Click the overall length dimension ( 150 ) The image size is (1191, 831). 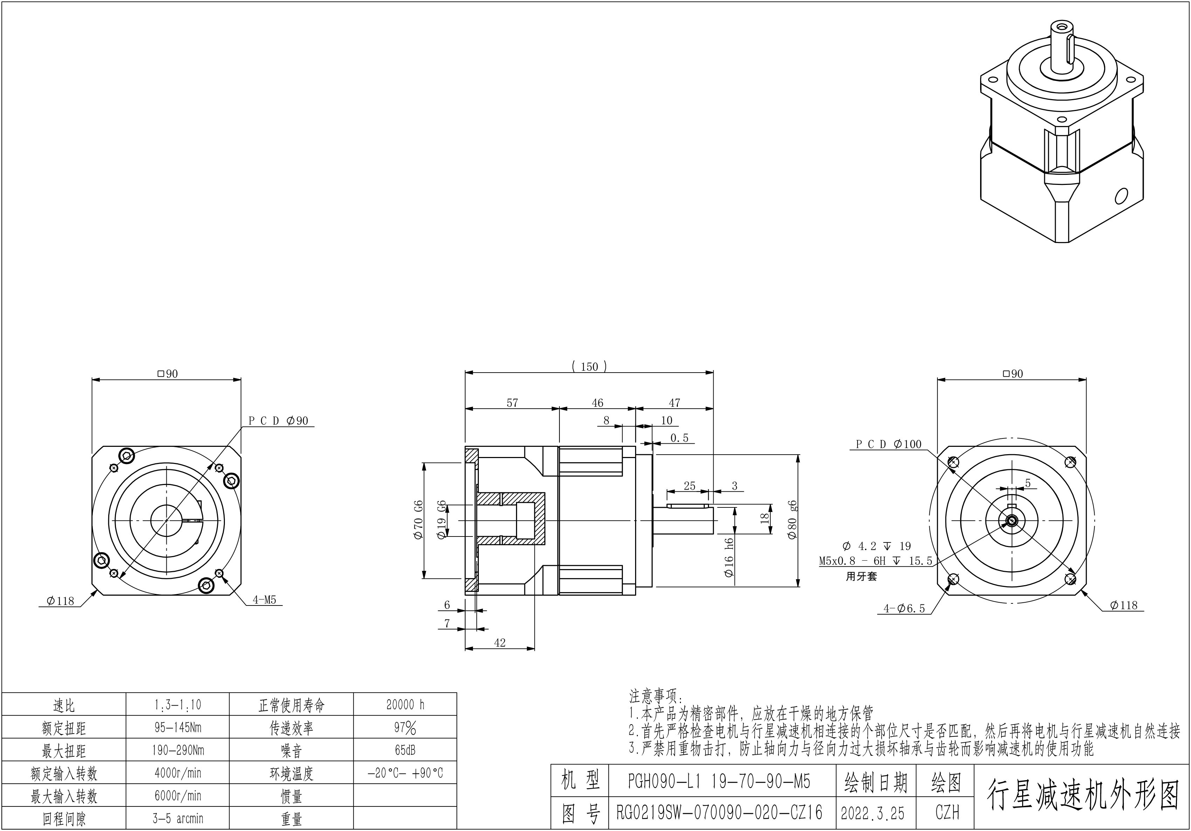coord(589,367)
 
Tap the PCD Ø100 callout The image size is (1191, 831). coord(888,444)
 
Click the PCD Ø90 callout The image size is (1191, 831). coord(278,421)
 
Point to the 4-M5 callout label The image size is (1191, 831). coord(264,600)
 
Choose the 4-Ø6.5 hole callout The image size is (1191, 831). coord(904,609)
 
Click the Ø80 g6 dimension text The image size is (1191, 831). coord(792,520)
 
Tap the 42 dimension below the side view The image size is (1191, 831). coord(500,643)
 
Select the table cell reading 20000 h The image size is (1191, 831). coord(405,705)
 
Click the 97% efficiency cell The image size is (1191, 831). coord(405,728)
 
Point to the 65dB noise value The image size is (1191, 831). coord(405,750)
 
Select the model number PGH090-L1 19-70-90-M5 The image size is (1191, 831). coord(719,782)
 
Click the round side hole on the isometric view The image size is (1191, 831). coord(1121,196)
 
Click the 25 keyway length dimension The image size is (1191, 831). coord(689,486)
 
